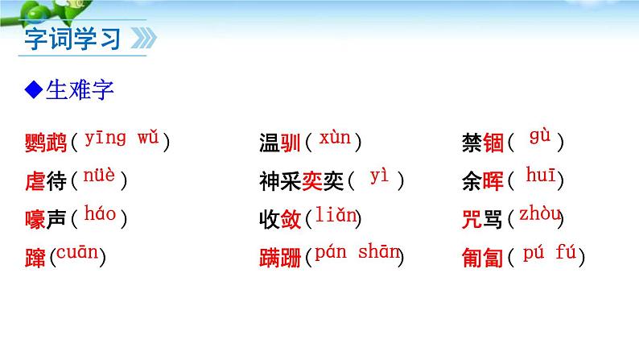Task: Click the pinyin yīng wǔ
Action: click(x=120, y=139)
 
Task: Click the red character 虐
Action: click(x=35, y=181)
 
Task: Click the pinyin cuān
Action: click(x=77, y=253)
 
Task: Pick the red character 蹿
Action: click(x=35, y=258)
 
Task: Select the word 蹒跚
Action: click(x=280, y=258)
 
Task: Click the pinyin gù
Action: click(x=539, y=137)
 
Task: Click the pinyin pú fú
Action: click(x=550, y=252)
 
